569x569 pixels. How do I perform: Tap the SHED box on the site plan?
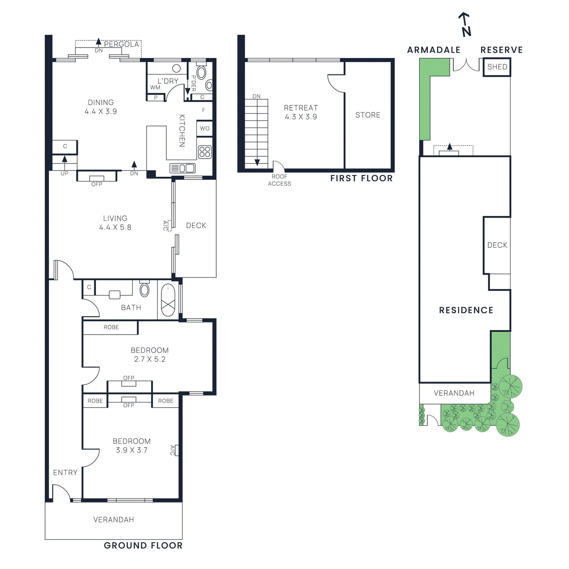click(x=497, y=67)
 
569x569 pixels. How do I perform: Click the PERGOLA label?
click(x=121, y=44)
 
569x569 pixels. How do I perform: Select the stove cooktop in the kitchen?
click(x=205, y=152)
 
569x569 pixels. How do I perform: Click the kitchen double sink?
click(x=182, y=168)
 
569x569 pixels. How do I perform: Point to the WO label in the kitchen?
click(x=204, y=128)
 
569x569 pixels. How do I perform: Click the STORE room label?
click(x=368, y=115)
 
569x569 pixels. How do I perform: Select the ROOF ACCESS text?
click(x=279, y=180)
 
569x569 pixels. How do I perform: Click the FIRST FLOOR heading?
click(x=361, y=178)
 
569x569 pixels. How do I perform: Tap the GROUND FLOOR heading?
click(x=143, y=546)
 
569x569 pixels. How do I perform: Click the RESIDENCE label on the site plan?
click(x=466, y=310)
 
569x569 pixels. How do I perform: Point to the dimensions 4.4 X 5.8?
click(x=115, y=227)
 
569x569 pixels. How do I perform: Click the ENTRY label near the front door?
click(x=65, y=473)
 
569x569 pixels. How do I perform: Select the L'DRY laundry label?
click(x=168, y=81)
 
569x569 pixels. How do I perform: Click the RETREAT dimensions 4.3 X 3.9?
click(x=301, y=117)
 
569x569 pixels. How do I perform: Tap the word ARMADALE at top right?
click(x=434, y=50)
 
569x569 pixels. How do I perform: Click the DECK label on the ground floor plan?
click(x=196, y=225)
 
